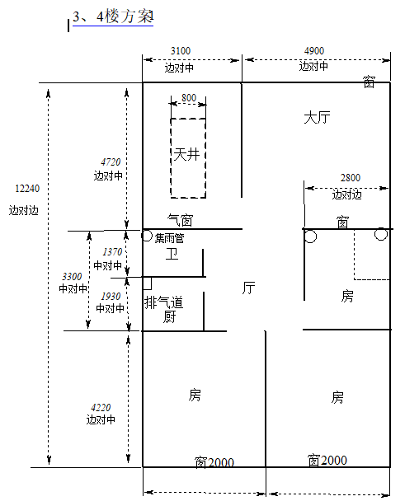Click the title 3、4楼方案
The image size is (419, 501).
[113, 16]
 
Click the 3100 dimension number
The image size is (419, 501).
[181, 51]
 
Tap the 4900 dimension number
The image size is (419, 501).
[313, 51]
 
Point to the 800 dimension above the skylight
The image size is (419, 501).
[189, 98]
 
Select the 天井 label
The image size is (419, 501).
[186, 154]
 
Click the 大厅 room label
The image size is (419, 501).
[317, 118]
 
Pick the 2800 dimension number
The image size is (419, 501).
[351, 178]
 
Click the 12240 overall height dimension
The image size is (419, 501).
[27, 189]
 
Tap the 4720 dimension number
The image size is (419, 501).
[111, 162]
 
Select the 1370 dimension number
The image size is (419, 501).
[112, 252]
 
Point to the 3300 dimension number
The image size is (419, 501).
[72, 276]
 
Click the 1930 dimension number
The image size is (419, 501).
[111, 297]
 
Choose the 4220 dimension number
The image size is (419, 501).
[101, 408]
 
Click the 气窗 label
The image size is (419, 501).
[180, 220]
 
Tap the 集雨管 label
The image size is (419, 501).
[169, 238]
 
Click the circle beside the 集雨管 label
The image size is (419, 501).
[147, 236]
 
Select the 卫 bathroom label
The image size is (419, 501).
[172, 255]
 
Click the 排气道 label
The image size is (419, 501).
[163, 302]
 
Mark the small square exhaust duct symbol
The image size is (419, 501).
[147, 283]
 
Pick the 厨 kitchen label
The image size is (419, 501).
[170, 316]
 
